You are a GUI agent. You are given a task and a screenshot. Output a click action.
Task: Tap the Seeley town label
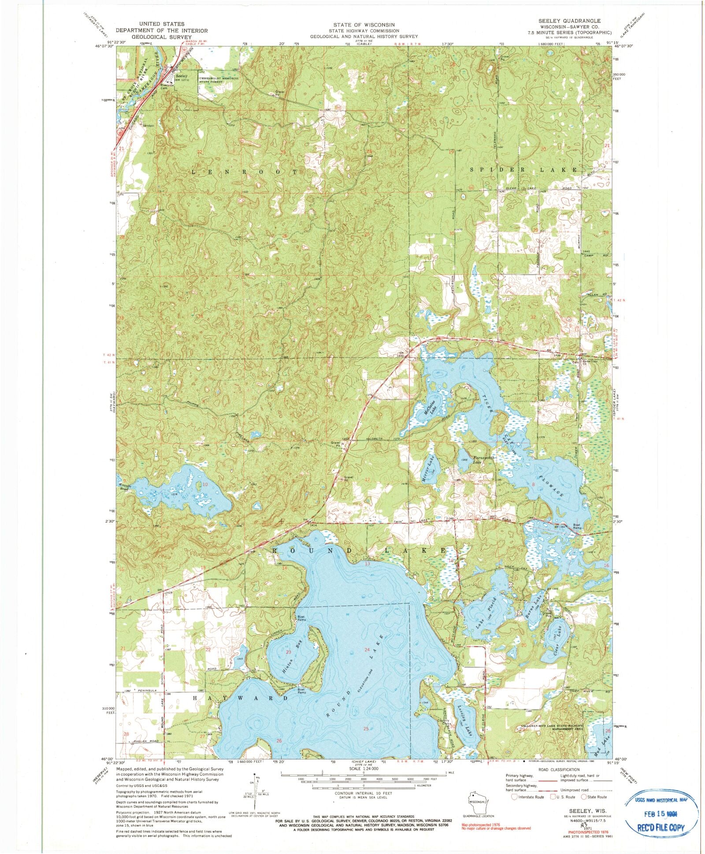182,76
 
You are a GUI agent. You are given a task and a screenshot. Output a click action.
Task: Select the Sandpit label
147,126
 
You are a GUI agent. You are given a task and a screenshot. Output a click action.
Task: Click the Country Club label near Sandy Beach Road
440,722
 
